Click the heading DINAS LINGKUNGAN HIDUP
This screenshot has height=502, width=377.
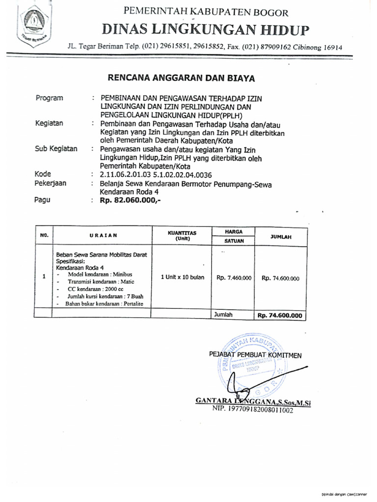click(206, 30)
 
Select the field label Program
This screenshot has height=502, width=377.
click(49, 98)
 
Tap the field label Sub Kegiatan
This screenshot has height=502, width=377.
click(56, 149)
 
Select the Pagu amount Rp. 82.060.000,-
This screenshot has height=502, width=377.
click(130, 201)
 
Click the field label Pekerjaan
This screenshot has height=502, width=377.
click(51, 183)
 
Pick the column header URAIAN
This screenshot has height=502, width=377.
click(103, 235)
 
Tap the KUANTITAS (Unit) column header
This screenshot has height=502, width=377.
click(182, 236)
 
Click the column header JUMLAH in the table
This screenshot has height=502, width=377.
click(281, 236)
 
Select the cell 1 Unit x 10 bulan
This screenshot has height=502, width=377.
click(182, 277)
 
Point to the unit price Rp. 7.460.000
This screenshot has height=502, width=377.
click(234, 278)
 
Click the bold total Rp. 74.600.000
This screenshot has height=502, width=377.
click(280, 316)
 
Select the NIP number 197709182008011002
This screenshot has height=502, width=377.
click(252, 410)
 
